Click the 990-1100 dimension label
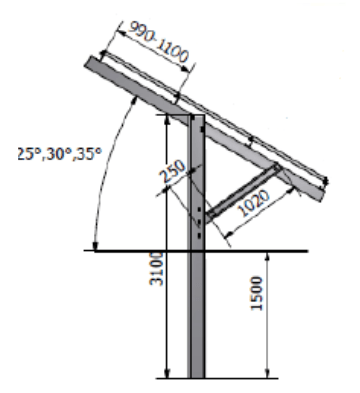coord(159,41)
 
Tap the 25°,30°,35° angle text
coord(59,154)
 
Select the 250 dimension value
coord(172,171)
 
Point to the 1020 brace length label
coord(254,203)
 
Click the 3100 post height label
coord(156,269)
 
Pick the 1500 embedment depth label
coord(257,293)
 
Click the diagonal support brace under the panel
coord(243,193)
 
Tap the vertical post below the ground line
coord(196,314)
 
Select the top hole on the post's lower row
coord(199,209)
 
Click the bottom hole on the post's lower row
coord(199,235)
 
